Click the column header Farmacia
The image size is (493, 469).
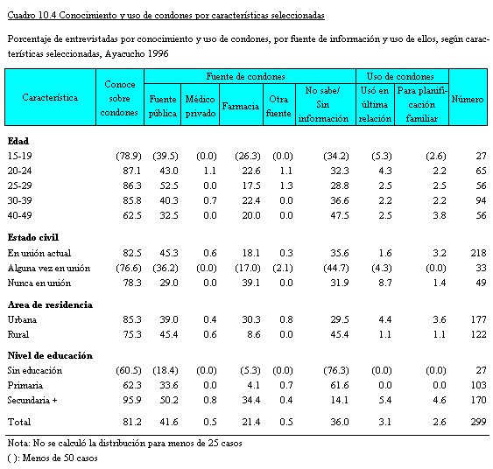pos(241,106)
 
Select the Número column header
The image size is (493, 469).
pos(468,99)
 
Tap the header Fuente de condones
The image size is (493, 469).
pos(245,76)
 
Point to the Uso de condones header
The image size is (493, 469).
pos(400,76)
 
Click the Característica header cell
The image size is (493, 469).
pos(50,97)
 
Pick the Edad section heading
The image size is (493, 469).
pos(18,141)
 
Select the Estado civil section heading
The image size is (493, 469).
pos(33,237)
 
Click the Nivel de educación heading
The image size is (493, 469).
pos(50,355)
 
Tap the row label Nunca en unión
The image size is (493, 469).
pos(39,283)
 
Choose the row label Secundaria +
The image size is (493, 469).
pos(32,400)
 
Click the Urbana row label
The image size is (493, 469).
pos(22,319)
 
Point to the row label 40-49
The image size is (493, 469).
pos(20,215)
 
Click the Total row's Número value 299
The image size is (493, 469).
pos(478,422)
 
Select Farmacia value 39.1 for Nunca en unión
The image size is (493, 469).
pos(251,283)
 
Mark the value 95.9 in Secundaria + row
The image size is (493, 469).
pos(132,400)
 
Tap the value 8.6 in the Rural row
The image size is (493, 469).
pos(254,334)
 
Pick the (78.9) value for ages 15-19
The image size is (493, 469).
pos(129,156)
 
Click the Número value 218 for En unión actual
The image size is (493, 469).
pos(478,253)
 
